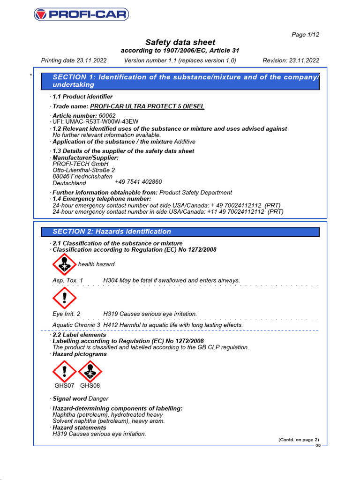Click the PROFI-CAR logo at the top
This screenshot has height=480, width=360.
[x=81, y=15]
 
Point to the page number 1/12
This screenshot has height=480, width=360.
[x=306, y=35]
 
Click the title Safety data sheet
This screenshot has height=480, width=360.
[x=180, y=43]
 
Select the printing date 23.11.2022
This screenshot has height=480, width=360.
[x=91, y=60]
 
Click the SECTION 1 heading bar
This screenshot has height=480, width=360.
[x=180, y=81]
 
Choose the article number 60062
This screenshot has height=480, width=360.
[x=107, y=115]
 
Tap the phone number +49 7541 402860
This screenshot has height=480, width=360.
[x=138, y=182]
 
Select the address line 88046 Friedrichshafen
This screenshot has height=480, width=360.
[x=82, y=177]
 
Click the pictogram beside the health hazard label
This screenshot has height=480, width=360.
[x=64, y=264]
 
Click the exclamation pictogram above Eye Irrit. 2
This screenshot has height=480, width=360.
[x=64, y=298]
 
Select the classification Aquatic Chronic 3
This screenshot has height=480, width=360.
[x=76, y=325]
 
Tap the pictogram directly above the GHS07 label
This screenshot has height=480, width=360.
[x=64, y=371]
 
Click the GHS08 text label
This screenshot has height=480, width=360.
[x=90, y=386]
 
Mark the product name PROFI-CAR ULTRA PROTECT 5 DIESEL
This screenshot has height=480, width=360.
[x=147, y=106]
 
